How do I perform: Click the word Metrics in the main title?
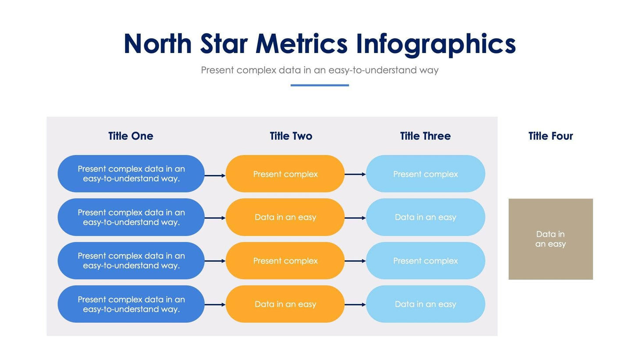tap(301, 44)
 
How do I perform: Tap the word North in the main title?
tap(157, 44)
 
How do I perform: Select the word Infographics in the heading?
tap(435, 44)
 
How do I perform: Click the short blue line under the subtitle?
tap(320, 85)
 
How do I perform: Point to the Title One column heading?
tap(131, 136)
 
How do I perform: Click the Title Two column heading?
tap(291, 136)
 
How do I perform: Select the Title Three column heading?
tap(425, 136)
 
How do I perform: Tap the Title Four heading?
tap(551, 136)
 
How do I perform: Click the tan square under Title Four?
tap(551, 239)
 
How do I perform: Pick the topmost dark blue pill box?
tap(131, 174)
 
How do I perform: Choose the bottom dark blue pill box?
tap(131, 304)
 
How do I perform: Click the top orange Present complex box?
tap(285, 174)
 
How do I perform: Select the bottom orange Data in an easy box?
tap(285, 304)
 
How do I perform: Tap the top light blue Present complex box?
tap(425, 174)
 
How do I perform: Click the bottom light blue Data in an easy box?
tap(425, 304)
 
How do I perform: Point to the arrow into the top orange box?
tap(215, 175)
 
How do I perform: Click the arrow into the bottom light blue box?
tap(355, 305)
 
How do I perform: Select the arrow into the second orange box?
tap(215, 218)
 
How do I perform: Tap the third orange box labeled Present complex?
tap(285, 261)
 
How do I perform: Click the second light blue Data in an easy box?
tap(425, 217)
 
